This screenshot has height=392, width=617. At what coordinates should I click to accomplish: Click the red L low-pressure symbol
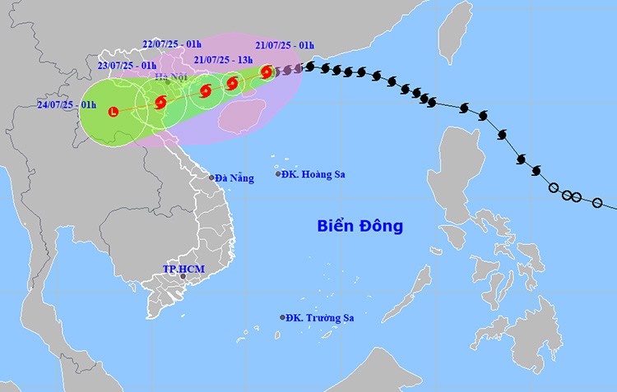[114, 111]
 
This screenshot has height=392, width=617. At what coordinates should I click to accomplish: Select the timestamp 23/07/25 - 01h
[128, 65]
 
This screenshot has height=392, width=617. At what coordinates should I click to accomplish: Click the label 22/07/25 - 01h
[172, 45]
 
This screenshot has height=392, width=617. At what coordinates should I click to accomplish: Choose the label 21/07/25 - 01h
[284, 45]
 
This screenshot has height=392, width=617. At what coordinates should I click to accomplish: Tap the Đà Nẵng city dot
[211, 178]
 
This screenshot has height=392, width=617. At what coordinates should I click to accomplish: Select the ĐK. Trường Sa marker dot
[282, 317]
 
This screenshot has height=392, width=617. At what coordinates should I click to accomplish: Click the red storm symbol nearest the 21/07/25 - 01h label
[267, 72]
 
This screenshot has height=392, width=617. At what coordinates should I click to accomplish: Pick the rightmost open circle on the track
[598, 203]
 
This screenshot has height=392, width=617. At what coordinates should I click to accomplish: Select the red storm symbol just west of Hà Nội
[160, 102]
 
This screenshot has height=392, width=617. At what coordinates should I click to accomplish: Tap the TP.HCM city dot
[183, 277]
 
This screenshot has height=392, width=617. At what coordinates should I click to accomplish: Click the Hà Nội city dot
[168, 81]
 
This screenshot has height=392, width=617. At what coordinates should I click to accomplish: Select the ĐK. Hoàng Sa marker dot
[278, 174]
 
